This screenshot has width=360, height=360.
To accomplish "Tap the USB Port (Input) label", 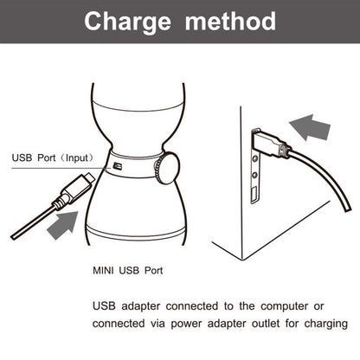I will pyautogui.click(x=51, y=157).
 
